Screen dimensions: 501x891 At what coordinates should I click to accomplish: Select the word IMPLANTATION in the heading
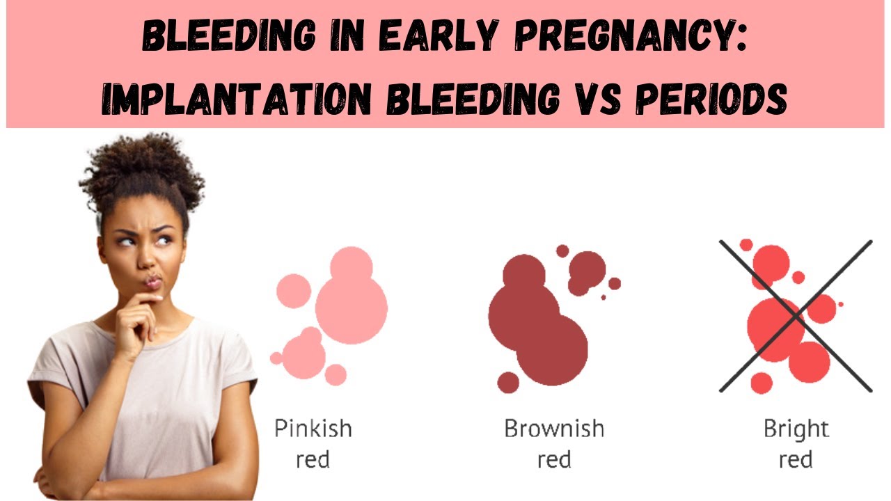(x=237, y=100)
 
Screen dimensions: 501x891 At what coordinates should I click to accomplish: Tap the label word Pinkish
(x=313, y=428)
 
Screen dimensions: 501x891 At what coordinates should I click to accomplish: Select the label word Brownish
(x=554, y=428)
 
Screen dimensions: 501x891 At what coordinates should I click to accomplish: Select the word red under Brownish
(x=554, y=460)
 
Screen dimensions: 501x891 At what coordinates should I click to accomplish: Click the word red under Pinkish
(x=313, y=460)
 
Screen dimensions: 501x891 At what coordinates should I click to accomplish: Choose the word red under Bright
(x=796, y=460)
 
